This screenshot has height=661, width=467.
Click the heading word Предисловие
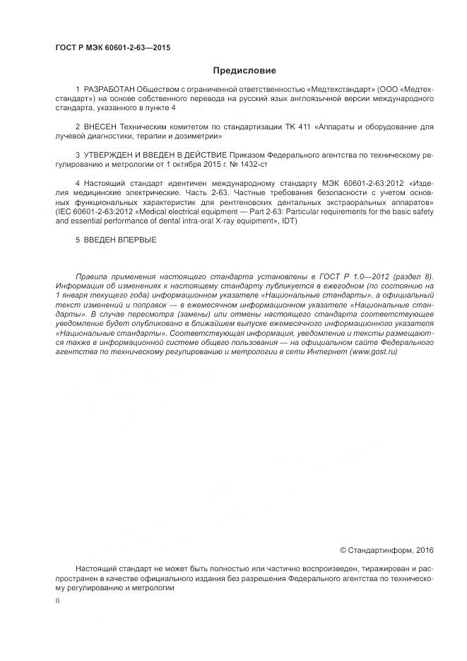244,71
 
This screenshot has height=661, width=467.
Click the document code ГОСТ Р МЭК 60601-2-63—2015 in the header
113,48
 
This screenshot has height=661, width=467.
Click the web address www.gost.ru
371,351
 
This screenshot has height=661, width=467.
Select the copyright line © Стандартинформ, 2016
386,550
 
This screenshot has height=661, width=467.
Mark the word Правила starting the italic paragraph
93,276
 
